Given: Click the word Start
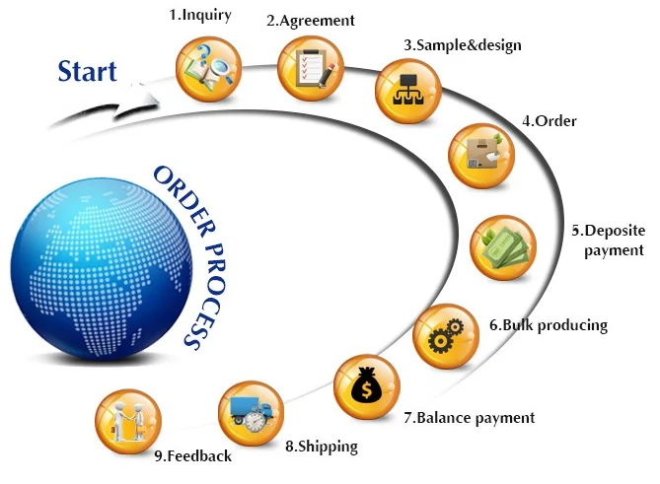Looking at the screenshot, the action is pos(87,71).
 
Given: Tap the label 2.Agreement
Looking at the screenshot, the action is pos(310,20).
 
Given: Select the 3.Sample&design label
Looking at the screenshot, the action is pos(462,44).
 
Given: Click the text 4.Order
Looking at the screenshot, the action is pos(549,121).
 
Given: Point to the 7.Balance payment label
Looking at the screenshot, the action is pos(469,417).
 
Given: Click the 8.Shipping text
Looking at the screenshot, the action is pos(321,447).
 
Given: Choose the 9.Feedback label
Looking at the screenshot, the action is pos(192,455).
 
